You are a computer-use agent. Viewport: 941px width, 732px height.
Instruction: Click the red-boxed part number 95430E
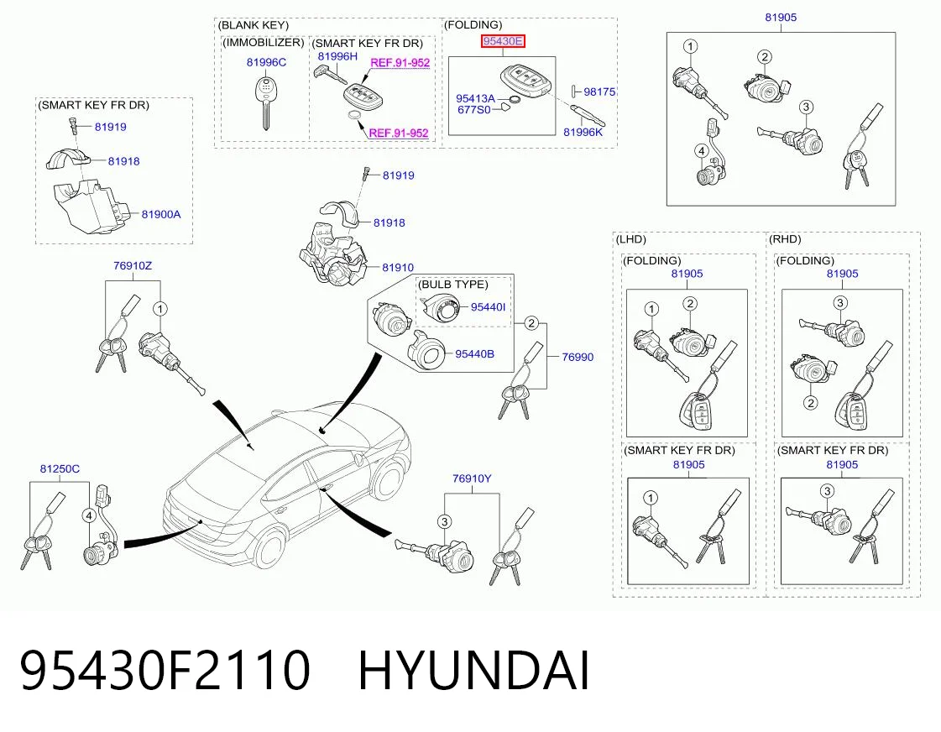pyautogui.click(x=503, y=41)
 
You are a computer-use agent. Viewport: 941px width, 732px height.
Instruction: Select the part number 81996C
pyautogui.click(x=266, y=62)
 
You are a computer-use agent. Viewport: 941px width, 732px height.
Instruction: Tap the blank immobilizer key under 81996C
pyautogui.click(x=264, y=102)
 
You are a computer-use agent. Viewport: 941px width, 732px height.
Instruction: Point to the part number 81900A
pyautogui.click(x=161, y=214)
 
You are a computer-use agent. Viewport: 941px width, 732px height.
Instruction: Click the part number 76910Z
pyautogui.click(x=133, y=265)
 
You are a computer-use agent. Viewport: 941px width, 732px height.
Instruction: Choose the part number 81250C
pyautogui.click(x=60, y=468)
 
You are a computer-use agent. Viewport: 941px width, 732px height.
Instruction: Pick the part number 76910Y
pyautogui.click(x=472, y=478)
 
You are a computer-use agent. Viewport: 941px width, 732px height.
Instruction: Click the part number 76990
pyautogui.click(x=578, y=357)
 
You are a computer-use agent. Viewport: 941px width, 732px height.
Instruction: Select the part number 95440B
pyautogui.click(x=475, y=354)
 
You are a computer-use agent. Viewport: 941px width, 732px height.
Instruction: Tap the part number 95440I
pyautogui.click(x=488, y=307)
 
